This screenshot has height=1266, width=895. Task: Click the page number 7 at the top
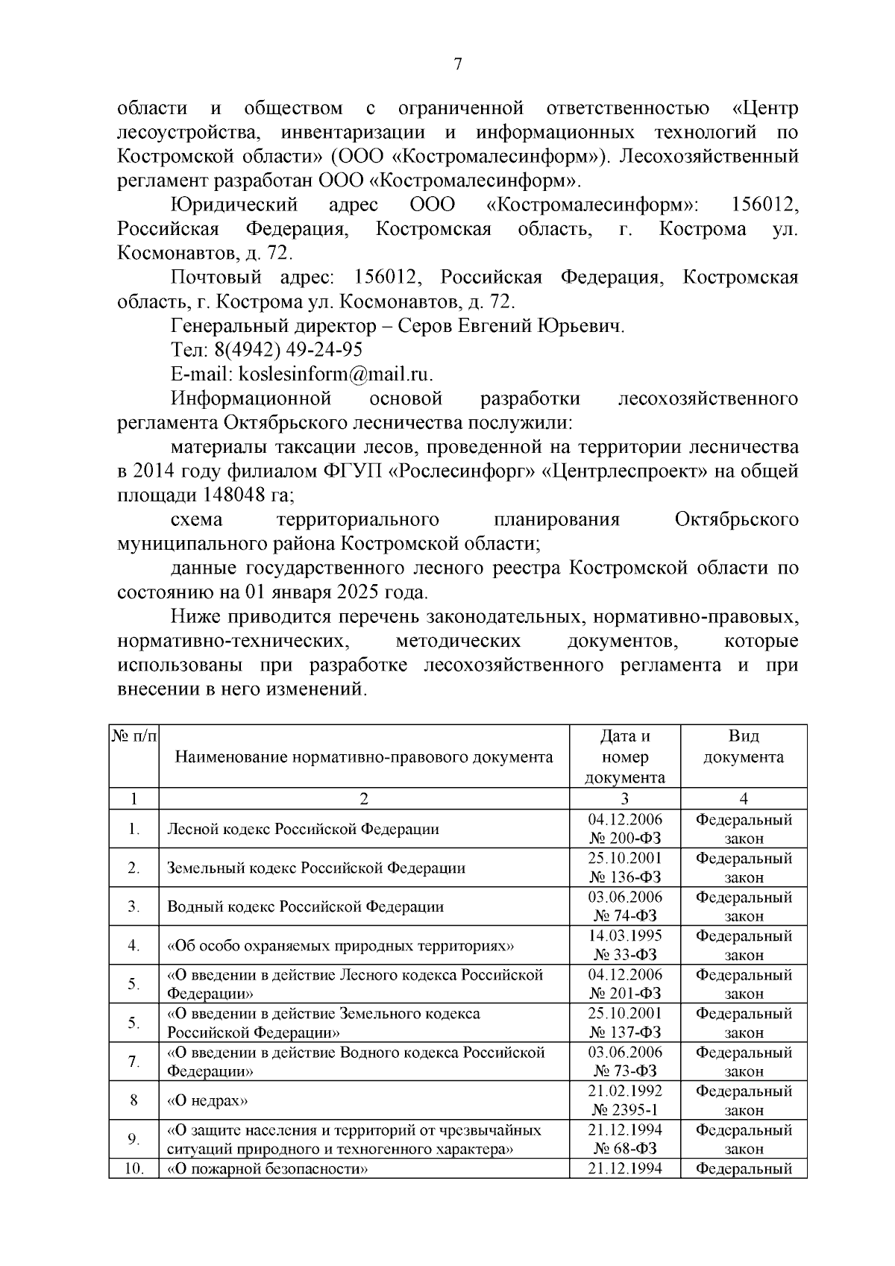458,65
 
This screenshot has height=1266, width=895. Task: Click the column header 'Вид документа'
743,747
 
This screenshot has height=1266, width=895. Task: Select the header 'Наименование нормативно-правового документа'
364,757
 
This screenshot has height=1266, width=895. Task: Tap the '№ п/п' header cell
134,737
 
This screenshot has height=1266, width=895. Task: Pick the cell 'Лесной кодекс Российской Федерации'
303,829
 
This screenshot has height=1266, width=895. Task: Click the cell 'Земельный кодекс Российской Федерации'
316,868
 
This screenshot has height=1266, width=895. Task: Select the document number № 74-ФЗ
625,916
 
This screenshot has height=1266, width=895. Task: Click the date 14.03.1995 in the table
625,936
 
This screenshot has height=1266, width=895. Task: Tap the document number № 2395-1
625,1110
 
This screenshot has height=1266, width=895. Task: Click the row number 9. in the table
134,1139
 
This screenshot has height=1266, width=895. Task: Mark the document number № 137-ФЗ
625,1032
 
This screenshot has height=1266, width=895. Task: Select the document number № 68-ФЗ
625,1149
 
